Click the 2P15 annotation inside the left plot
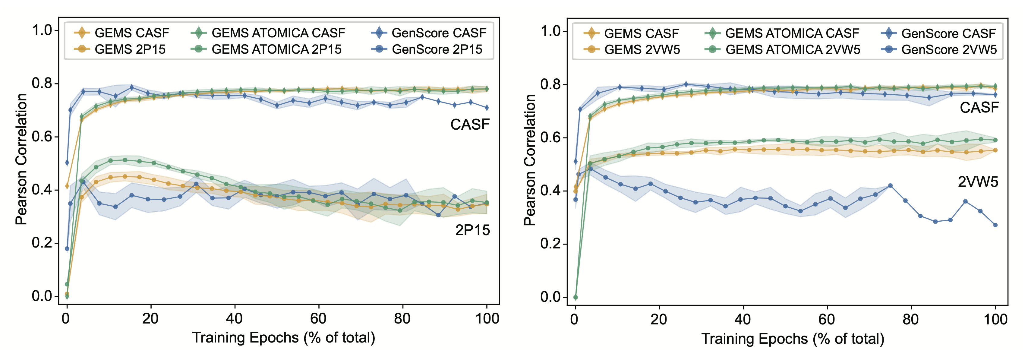pyautogui.click(x=472, y=230)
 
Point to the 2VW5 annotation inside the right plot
pyautogui.click(x=978, y=182)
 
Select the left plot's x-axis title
pyautogui.click(x=284, y=338)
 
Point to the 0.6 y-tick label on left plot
pyautogui.click(x=43, y=137)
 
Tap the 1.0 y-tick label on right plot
pyautogui.click(x=551, y=31)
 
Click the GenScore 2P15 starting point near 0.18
pyautogui.click(x=67, y=249)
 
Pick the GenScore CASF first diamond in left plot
pyautogui.click(x=67, y=163)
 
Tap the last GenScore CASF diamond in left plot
pyautogui.click(x=487, y=108)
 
